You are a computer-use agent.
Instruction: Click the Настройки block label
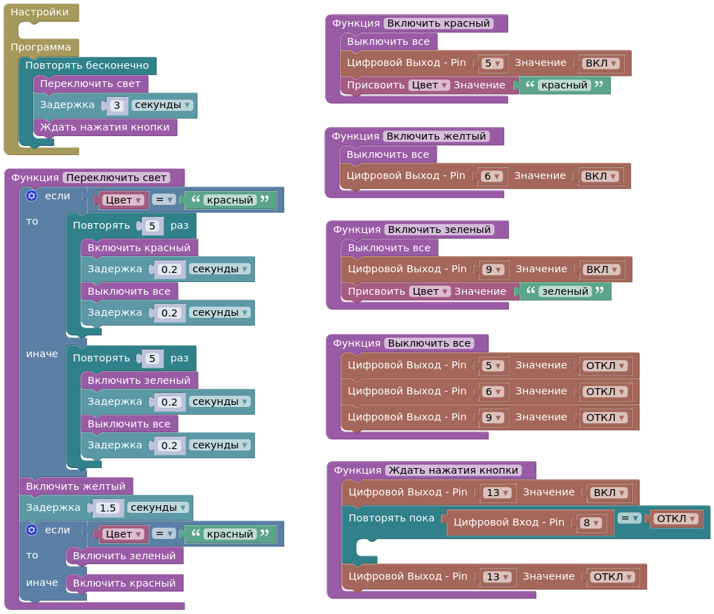pos(39,12)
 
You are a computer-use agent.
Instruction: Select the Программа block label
pos(41,47)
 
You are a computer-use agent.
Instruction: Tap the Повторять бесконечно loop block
pos(87,65)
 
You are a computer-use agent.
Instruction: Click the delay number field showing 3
pos(117,105)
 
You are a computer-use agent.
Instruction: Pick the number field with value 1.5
pos(107,507)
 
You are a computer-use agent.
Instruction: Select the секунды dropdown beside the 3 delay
pos(161,105)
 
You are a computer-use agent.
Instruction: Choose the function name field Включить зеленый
pos(439,229)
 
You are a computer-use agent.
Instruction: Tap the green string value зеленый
pos(564,291)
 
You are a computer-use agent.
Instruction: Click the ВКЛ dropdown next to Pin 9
pos(601,269)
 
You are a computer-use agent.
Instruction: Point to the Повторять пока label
pos(392,518)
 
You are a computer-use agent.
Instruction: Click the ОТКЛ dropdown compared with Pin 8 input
pos(676,519)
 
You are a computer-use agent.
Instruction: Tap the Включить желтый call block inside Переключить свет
pos(76,486)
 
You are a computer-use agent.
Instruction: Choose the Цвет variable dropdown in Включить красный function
pos(429,85)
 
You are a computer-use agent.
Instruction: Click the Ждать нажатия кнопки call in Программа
pos(105,127)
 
